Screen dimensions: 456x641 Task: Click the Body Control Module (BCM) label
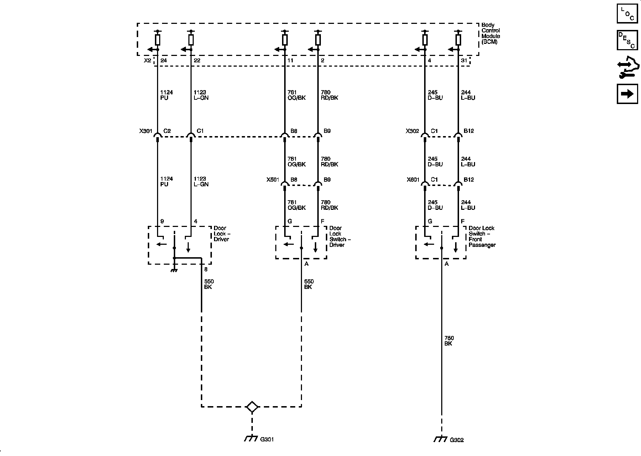490,33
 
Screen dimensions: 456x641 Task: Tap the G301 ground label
267,440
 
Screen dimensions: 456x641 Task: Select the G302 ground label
457,440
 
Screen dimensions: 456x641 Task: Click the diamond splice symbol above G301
252,407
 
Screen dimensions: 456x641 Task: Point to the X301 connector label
146,131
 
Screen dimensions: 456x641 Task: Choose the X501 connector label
273,180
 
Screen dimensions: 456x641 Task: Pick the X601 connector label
413,180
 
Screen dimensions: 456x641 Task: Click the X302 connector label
412,131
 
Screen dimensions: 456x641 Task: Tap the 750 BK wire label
449,341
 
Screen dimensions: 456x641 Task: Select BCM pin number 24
163,61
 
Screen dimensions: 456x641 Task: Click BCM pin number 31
464,61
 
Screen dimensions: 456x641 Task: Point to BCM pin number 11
290,61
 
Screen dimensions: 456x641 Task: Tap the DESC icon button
627,40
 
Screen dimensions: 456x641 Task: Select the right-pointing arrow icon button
627,94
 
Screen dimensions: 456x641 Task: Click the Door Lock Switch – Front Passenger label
481,237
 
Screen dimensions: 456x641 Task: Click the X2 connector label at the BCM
147,61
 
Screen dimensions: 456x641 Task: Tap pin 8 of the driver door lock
206,270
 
